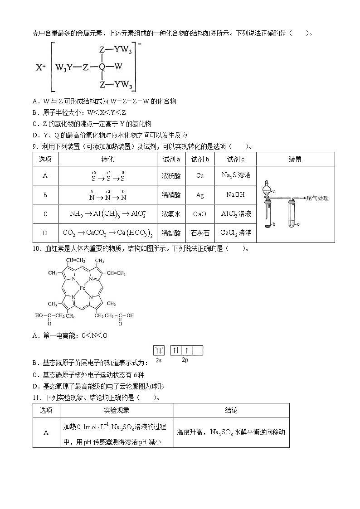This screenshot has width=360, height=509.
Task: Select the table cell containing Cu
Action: coord(200,175)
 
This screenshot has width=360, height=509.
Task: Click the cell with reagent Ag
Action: coord(200,194)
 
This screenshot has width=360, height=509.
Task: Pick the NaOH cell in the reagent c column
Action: coord(235,194)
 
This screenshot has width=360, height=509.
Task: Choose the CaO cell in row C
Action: coord(200,214)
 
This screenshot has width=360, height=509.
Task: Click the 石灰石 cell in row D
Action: coord(200,233)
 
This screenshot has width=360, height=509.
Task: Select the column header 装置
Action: coord(295,159)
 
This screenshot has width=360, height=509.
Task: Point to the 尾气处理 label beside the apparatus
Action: coord(317,199)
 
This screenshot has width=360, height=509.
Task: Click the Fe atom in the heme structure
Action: coord(83,288)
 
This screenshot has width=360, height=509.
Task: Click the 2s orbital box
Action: coord(159,350)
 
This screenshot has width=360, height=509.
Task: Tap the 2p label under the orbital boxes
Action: coord(185,360)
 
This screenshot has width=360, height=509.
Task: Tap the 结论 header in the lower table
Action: coord(231,410)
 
